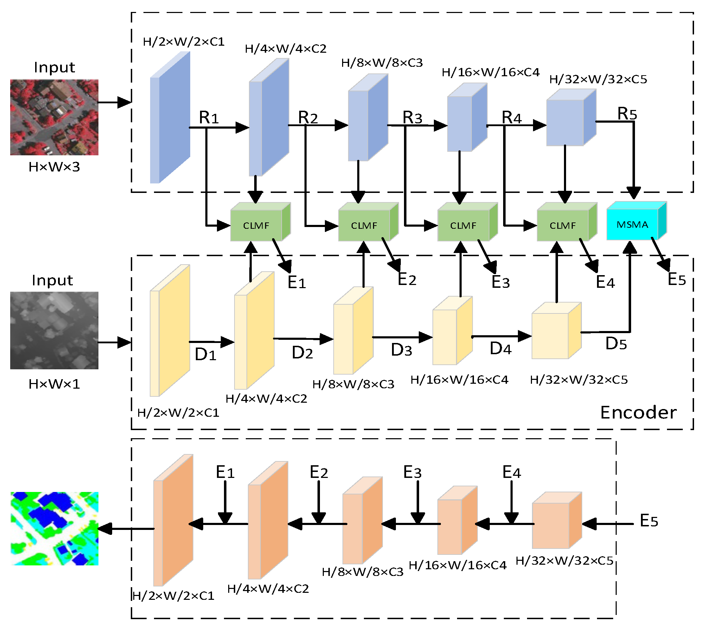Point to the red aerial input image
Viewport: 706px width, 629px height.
click(54, 117)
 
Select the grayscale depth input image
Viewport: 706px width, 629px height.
click(54, 330)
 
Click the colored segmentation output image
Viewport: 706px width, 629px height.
click(54, 529)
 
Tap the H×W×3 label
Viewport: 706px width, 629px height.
click(54, 167)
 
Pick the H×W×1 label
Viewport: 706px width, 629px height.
click(54, 384)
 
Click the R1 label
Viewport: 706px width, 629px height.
click(209, 117)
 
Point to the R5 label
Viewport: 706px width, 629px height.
click(627, 114)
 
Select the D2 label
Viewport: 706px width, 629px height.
click(302, 352)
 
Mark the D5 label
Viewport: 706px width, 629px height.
click(616, 343)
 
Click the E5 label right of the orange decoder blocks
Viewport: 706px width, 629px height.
click(649, 520)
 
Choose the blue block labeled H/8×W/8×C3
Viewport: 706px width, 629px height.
click(368, 117)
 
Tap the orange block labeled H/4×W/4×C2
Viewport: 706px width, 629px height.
click(268, 520)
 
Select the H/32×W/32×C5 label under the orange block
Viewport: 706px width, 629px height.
click(564, 560)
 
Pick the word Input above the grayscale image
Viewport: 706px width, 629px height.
click(52, 280)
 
